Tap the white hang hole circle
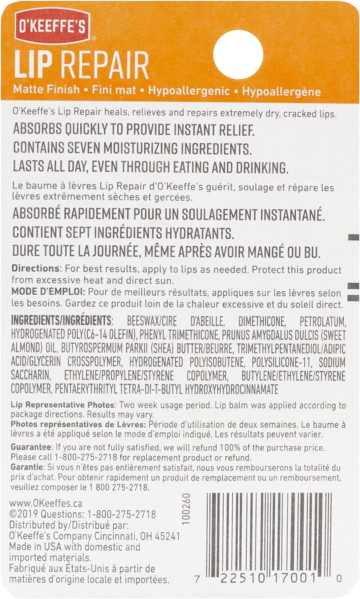[238, 55]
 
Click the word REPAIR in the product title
[105, 65]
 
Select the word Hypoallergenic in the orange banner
[189, 91]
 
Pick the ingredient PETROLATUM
[322, 321]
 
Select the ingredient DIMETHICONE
[262, 321]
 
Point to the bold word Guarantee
[31, 447]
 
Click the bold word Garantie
[27, 467]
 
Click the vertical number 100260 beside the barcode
[186, 509]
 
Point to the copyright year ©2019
[24, 514]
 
